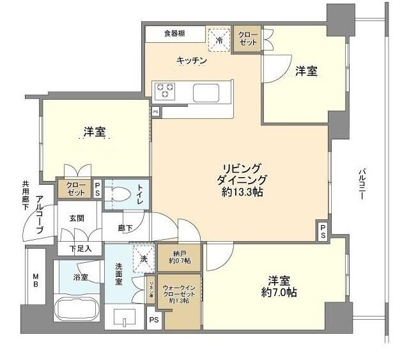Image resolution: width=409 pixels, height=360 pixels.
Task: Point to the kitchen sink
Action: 206,93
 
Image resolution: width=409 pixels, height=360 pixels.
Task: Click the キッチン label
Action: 192,61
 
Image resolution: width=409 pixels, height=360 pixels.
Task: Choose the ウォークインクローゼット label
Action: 181,292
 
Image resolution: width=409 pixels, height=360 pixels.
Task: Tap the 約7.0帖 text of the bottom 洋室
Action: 277,293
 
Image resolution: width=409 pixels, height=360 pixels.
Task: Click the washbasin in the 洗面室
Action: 125,317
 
